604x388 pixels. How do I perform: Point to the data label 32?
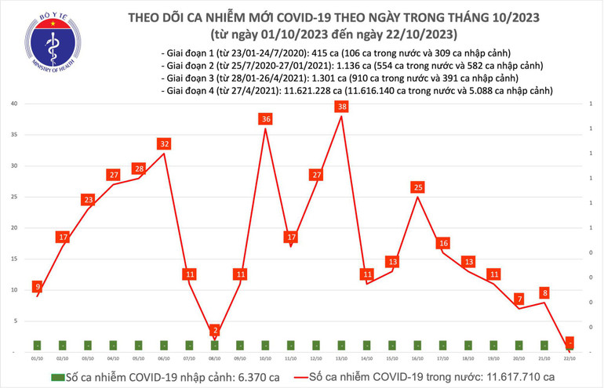pos(164,143)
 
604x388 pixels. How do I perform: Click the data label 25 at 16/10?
pos(417,187)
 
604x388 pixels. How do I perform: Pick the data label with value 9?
pos(38,286)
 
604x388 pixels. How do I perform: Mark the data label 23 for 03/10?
pos(88,200)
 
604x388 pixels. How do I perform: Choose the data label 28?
pos(139,169)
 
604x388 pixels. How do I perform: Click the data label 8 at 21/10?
pos(544,293)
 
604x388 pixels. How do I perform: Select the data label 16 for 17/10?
pos(443,243)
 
